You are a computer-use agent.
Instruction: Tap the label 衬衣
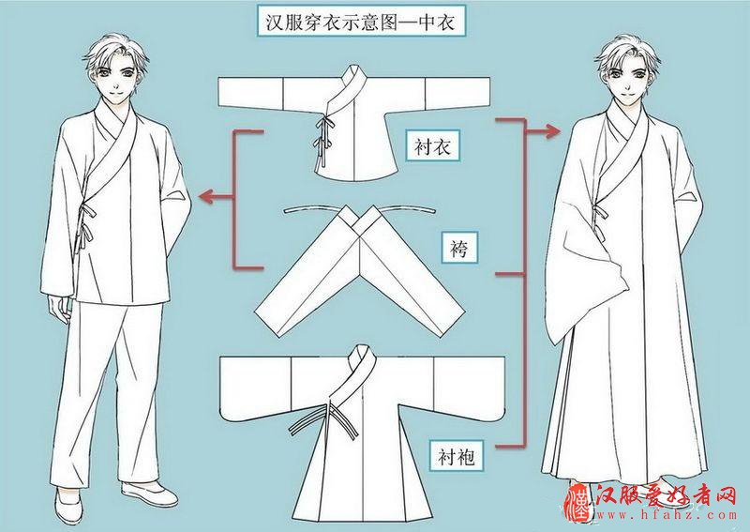point(434,146)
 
